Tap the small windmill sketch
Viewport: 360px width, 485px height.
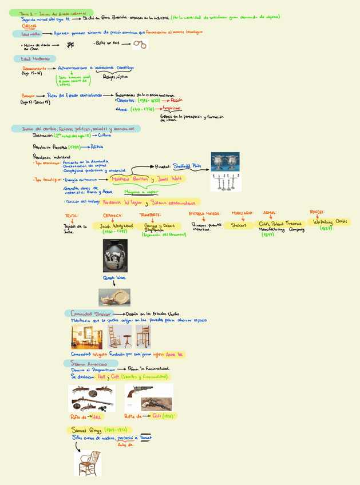[70, 45]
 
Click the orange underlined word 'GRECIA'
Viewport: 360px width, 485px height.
[30, 26]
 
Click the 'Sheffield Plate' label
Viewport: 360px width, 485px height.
[188, 166]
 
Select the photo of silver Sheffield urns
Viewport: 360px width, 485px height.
[225, 161]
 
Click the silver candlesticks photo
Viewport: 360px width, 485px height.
[225, 182]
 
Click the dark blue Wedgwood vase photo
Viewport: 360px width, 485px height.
[115, 255]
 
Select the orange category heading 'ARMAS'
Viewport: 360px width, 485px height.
[270, 213]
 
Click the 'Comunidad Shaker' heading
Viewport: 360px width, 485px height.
[90, 313]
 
